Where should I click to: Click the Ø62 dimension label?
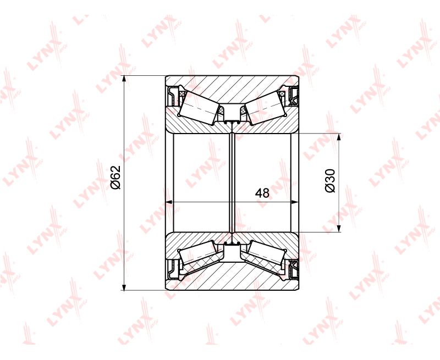[x=115, y=177]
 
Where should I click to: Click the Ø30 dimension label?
[x=330, y=181]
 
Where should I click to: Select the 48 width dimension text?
[x=262, y=193]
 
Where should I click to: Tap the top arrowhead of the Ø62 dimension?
[x=124, y=80]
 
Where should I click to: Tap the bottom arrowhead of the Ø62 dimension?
[x=124, y=286]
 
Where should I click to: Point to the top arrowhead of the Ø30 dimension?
[x=339, y=138]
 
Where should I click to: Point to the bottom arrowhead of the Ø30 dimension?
[x=339, y=228]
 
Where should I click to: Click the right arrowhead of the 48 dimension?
[x=295, y=202]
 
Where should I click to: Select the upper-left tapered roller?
[x=200, y=108]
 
